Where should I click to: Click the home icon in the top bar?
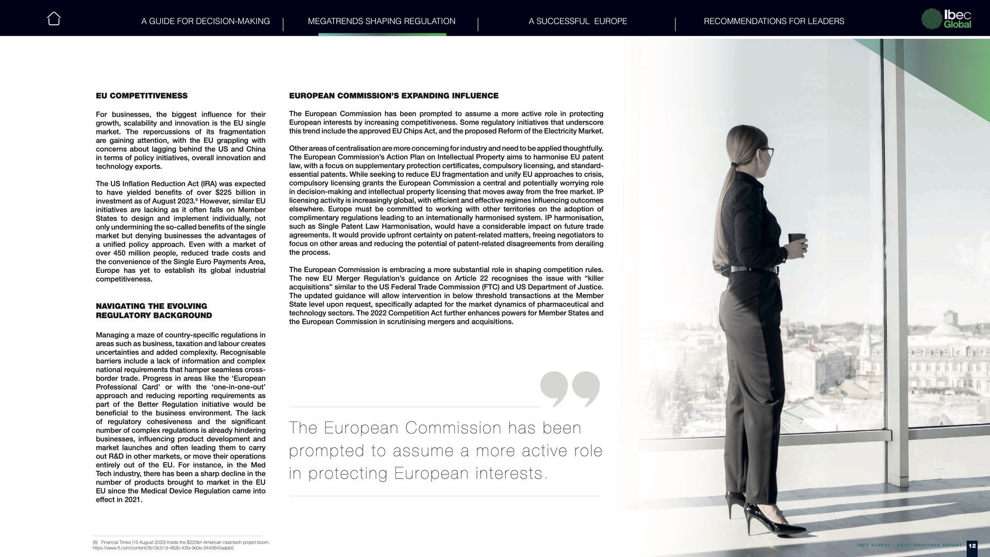[54, 19]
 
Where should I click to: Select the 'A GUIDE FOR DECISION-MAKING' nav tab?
[205, 21]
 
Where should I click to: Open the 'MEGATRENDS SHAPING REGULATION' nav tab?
[381, 21]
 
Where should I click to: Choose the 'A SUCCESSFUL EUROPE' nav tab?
[577, 21]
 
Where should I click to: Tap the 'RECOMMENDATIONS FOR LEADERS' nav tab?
[773, 21]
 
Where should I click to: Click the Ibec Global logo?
[946, 19]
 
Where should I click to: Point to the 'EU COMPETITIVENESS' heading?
[141, 96]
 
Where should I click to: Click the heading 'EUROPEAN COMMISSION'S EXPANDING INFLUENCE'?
[393, 96]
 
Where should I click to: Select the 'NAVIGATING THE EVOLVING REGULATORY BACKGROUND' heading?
[154, 310]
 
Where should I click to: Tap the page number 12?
[972, 545]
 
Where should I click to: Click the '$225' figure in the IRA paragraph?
[224, 192]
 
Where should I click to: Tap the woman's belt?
[753, 269]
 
